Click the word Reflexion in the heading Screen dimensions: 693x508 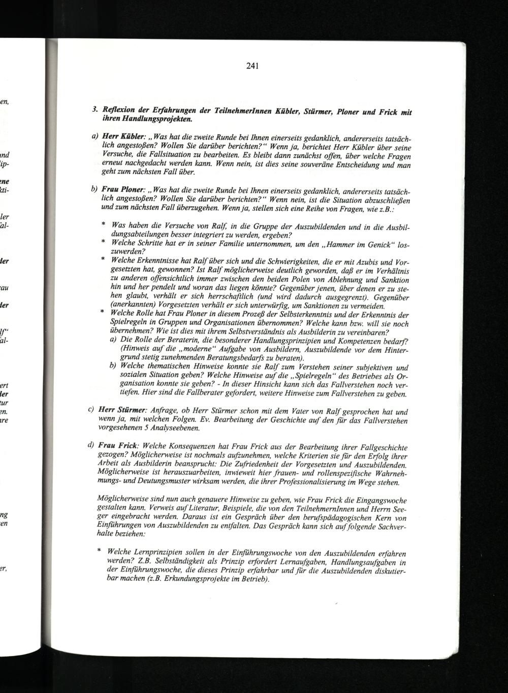coord(119,111)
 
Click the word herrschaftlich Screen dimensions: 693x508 coord(233,297)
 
